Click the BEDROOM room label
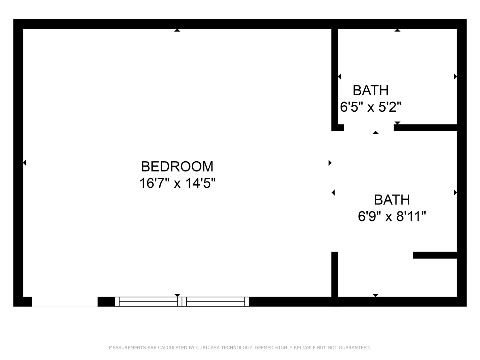177,166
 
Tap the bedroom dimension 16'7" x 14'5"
177,183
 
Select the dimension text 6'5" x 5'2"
371,107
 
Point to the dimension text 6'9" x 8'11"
392,216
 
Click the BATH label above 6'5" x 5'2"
371,90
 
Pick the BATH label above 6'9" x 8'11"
392,200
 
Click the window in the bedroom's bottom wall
182,302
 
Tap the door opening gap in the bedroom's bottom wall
65,302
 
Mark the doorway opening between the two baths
369,128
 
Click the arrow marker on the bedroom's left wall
25,163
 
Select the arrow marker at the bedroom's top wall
177,30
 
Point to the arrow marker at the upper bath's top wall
397,30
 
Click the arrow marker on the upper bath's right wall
455,77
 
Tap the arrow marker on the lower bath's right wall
455,193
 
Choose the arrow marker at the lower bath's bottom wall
375,295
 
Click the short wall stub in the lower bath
435,255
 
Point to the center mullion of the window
182,302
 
